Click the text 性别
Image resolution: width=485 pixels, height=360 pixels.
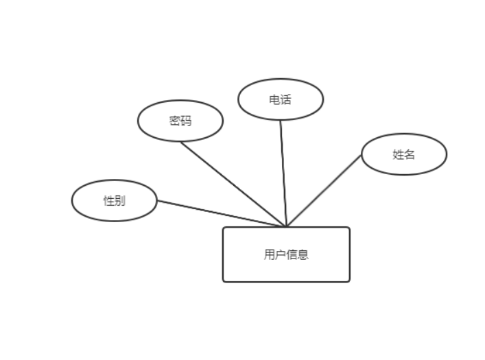114,201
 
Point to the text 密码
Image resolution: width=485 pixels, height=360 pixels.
180,121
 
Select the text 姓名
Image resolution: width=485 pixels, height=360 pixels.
404,154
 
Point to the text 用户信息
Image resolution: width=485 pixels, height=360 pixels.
286,254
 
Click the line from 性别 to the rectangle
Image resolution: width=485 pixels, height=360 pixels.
220,213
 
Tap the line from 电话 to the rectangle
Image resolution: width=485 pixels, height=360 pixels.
283,171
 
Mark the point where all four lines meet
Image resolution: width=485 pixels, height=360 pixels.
285,226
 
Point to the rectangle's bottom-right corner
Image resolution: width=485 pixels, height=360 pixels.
350,282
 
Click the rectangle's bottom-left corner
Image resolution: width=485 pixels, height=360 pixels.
223,282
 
